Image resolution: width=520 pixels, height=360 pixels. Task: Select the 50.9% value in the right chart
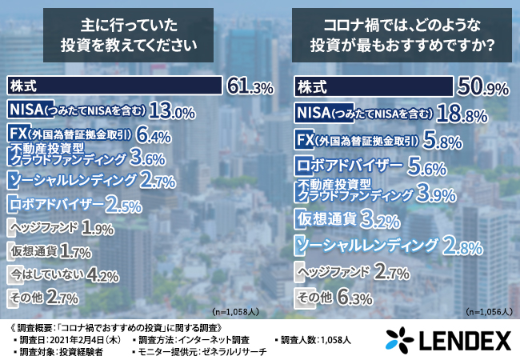click(x=482, y=84)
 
